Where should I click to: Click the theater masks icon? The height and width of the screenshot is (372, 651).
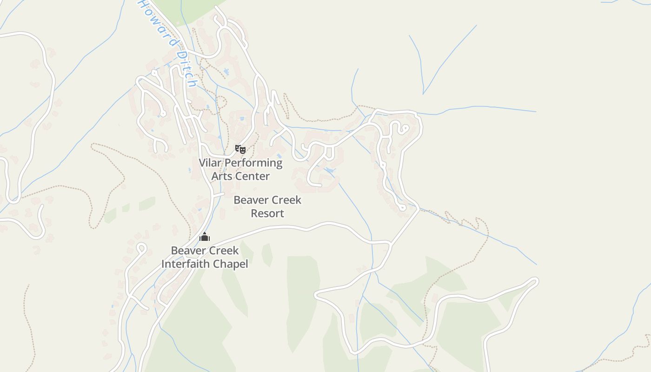(240, 149)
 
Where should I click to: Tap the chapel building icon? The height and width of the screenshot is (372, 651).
(205, 237)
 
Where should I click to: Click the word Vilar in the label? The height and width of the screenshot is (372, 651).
(211, 163)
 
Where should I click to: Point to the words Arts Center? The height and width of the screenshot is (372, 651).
(240, 176)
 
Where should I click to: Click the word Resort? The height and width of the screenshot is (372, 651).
(267, 213)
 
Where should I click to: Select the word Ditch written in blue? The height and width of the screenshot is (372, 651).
(186, 69)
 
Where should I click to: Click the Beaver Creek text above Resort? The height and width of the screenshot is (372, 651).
(267, 200)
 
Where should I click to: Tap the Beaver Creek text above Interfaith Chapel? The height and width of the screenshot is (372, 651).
(205, 251)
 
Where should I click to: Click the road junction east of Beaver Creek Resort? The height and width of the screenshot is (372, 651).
(390, 243)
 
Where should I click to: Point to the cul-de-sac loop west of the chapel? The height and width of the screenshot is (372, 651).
(141, 248)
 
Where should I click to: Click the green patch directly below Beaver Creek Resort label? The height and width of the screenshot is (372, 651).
(267, 255)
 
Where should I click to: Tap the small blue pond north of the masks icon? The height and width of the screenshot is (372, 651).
(241, 119)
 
